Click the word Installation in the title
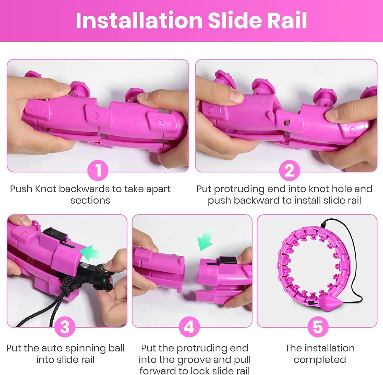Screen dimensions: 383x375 (x=139, y=20)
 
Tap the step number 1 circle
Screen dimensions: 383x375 (x=98, y=170)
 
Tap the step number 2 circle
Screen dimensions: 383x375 (x=289, y=170)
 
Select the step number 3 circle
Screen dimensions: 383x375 (x=65, y=327)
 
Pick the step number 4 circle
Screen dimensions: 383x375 (x=189, y=327)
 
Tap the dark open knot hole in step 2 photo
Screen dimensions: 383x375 (x=287, y=123)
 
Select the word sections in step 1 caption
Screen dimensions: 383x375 (x=90, y=201)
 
